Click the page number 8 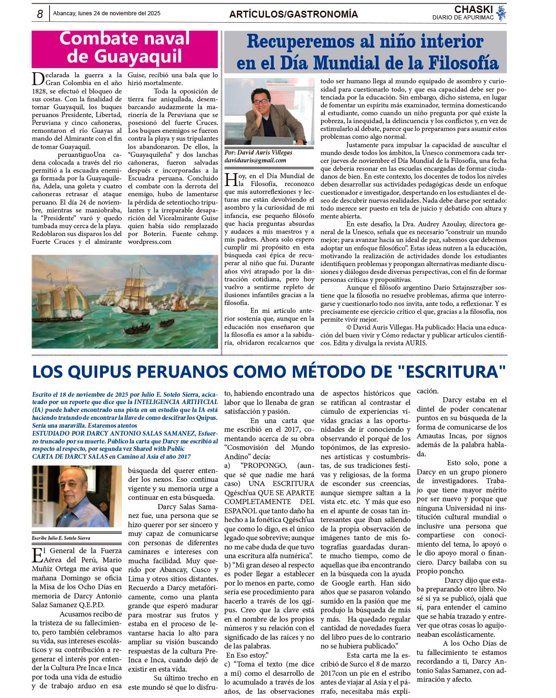[x=40, y=14]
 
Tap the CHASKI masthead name [x=473, y=9]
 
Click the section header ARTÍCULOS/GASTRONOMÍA [x=293, y=14]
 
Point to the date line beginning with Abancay [x=107, y=13]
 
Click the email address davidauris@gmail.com [x=255, y=160]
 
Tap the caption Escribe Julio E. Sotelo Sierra [x=61, y=538]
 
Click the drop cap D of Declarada [x=38, y=79]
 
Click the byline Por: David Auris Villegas [x=259, y=152]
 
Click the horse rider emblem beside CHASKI [x=501, y=13]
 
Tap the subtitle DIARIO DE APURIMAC [x=463, y=18]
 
